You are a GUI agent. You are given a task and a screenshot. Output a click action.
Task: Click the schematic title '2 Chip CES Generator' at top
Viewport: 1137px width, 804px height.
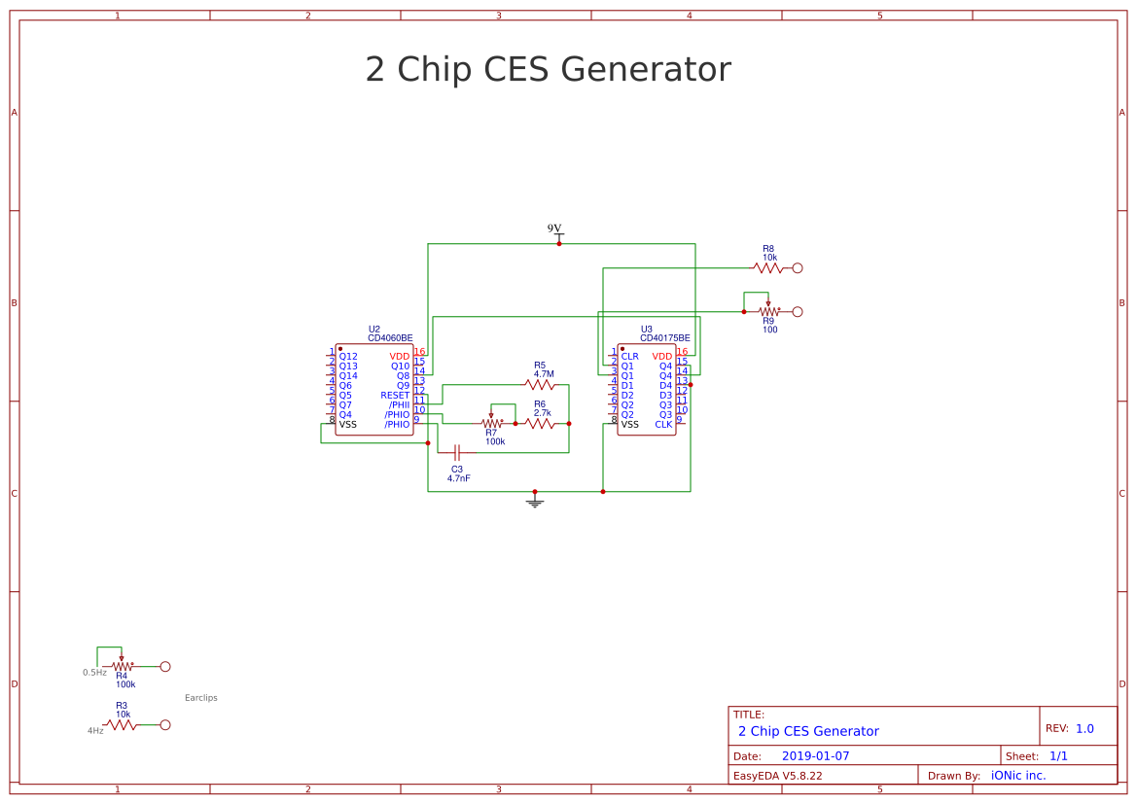[548, 70]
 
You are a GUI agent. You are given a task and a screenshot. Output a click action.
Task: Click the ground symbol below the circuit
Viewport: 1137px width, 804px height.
[534, 502]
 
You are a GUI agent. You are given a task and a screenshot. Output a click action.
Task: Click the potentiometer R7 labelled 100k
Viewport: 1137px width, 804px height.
[492, 423]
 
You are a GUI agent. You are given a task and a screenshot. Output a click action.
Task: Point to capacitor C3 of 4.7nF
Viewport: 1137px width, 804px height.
[457, 452]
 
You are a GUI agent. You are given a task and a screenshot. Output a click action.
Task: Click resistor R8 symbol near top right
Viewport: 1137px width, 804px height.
[767, 267]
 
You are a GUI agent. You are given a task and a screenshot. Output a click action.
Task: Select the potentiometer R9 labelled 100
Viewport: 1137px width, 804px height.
[768, 312]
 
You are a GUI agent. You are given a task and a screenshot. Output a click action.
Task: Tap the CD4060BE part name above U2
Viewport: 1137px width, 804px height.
[390, 338]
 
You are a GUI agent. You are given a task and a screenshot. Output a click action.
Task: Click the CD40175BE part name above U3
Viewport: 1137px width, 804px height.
[664, 338]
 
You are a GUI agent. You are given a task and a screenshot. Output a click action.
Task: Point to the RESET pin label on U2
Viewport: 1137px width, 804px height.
[395, 396]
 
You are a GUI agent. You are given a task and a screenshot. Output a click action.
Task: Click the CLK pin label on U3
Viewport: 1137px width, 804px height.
[663, 425]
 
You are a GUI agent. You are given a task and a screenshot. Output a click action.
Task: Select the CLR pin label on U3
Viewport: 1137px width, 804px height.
[629, 356]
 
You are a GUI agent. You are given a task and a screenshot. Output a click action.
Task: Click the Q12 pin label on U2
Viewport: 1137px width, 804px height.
[348, 357]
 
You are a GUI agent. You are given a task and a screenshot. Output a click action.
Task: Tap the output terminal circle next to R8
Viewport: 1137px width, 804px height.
[798, 267]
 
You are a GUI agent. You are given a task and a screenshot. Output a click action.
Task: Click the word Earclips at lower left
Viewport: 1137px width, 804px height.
[201, 698]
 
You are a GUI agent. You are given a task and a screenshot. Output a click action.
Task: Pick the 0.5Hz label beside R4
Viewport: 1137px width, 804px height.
[94, 673]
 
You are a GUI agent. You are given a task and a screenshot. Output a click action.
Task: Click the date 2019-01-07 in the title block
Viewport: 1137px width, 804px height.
[815, 755]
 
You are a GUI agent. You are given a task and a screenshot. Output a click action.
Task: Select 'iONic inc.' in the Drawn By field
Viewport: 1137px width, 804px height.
[1017, 775]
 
